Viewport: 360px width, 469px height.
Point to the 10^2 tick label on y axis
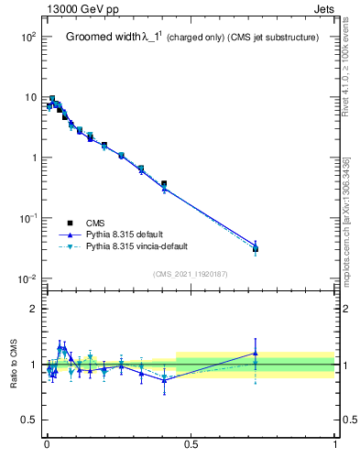(27, 37)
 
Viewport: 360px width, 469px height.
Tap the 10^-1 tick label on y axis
(27, 218)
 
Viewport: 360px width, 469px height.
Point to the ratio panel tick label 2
(35, 309)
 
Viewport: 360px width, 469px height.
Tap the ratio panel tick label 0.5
(29, 420)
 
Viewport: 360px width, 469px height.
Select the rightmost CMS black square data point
(256, 248)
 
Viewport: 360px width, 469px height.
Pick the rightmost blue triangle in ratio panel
(256, 353)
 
